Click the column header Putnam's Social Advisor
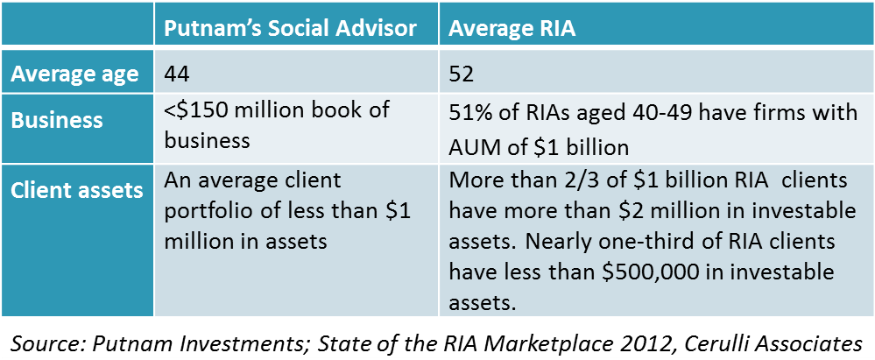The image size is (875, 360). click(290, 29)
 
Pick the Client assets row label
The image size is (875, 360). click(77, 189)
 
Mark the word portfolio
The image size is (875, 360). click(206, 212)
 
